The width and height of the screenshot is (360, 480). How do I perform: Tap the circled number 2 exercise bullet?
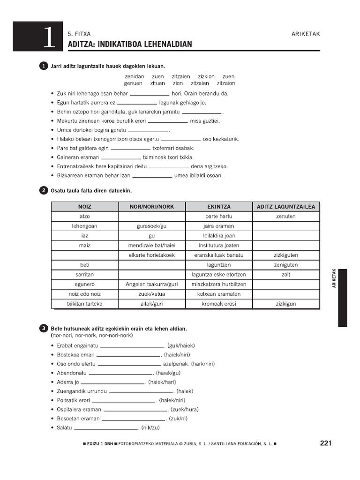44,190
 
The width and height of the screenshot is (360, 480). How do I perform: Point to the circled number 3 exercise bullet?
44,328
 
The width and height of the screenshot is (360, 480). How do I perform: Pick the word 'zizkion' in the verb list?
206,76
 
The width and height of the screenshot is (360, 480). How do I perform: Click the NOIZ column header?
85,207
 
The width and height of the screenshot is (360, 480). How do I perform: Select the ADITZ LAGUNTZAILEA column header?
286,207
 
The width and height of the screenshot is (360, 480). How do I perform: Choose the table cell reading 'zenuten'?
286,217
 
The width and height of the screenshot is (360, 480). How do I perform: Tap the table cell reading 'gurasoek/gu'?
151,226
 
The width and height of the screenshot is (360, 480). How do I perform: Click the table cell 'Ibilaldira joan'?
219,236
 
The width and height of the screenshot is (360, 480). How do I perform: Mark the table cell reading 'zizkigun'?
286,304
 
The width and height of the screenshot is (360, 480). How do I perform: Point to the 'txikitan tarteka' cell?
85,304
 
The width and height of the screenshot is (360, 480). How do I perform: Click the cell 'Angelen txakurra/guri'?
151,284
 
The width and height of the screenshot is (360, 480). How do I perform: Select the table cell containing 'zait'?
286,275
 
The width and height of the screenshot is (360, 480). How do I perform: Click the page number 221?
326,443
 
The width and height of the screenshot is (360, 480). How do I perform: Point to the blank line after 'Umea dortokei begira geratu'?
148,131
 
